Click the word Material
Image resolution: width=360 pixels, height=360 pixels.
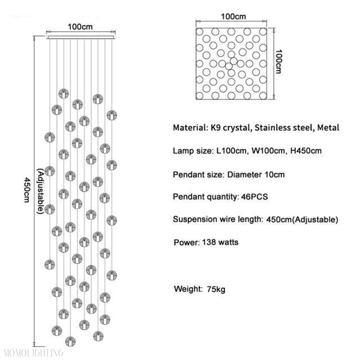tap(190, 128)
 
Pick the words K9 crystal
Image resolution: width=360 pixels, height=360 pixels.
tap(230, 128)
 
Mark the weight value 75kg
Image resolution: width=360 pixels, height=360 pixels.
tap(215, 290)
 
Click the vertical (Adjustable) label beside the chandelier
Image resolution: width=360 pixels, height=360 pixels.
tap(41, 191)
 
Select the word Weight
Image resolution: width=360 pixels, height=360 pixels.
tap(188, 290)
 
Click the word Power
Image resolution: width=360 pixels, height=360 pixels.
tap(185, 243)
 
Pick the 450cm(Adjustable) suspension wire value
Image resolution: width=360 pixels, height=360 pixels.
tap(301, 220)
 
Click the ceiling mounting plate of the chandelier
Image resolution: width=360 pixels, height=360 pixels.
tap(80, 37)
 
